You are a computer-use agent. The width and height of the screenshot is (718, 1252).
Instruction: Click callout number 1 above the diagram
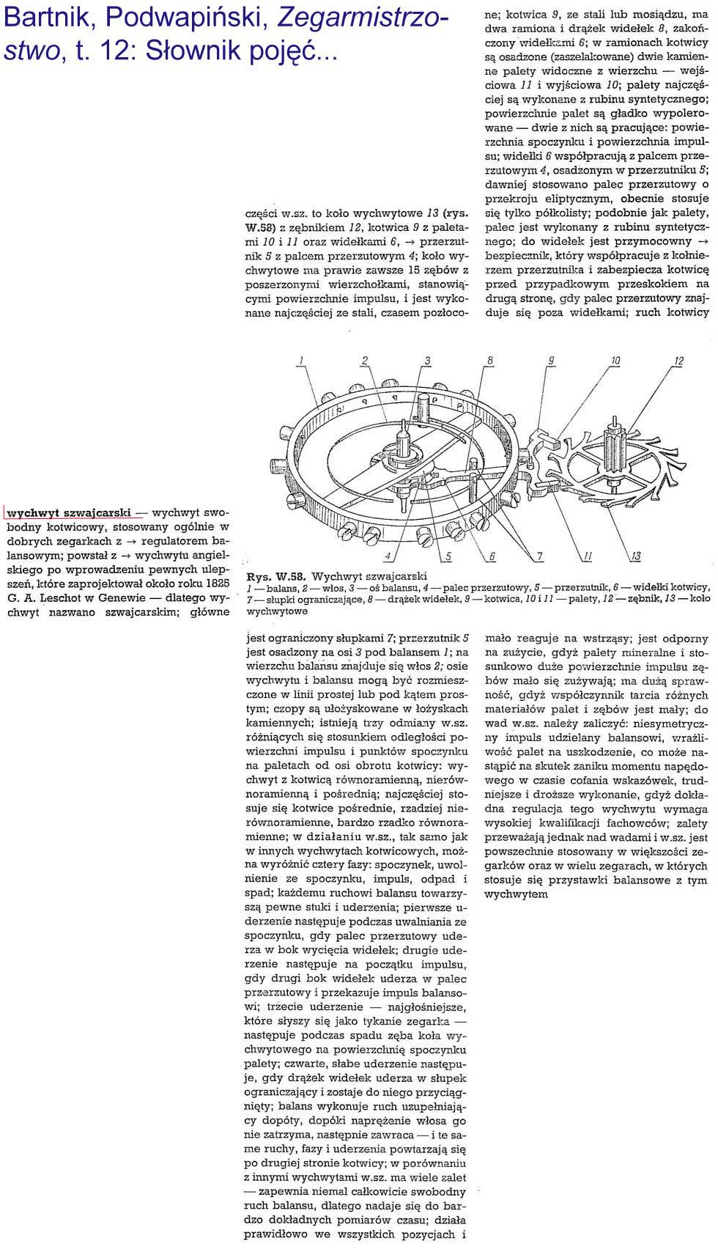point(301,359)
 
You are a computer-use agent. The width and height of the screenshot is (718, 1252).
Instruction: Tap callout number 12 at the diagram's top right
point(678,360)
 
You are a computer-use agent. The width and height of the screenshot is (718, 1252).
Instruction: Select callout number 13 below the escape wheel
point(635,556)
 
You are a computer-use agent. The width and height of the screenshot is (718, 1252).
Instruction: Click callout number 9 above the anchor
point(550,359)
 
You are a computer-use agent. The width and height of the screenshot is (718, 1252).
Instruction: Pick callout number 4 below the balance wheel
point(388,556)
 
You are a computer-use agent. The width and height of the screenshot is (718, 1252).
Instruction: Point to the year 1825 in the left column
point(214,583)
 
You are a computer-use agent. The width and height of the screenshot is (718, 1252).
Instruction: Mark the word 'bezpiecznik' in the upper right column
point(516,255)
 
